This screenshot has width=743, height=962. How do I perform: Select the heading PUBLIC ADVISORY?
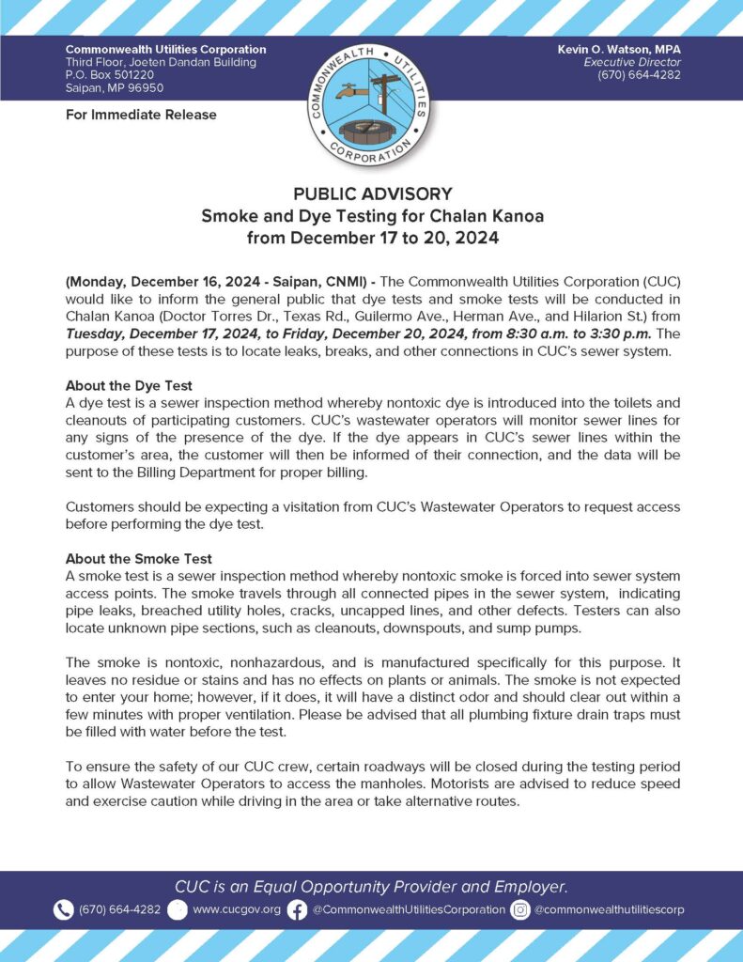[x=372, y=194]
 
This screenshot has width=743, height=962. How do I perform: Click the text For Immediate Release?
[x=141, y=115]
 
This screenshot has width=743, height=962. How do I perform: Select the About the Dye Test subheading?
[x=131, y=385]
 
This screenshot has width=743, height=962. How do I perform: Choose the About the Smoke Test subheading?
[x=138, y=558]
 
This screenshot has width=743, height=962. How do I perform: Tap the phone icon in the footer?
[x=64, y=909]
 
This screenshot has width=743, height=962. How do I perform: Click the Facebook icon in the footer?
[x=297, y=909]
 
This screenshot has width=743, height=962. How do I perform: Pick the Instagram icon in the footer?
[x=519, y=909]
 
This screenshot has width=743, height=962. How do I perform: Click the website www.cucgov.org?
[x=237, y=909]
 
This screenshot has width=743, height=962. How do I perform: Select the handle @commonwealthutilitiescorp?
[x=610, y=909]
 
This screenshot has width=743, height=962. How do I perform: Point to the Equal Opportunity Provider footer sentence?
[x=371, y=886]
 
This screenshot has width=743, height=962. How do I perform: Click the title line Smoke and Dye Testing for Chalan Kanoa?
[x=372, y=216]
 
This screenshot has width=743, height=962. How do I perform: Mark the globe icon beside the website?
[x=178, y=909]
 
